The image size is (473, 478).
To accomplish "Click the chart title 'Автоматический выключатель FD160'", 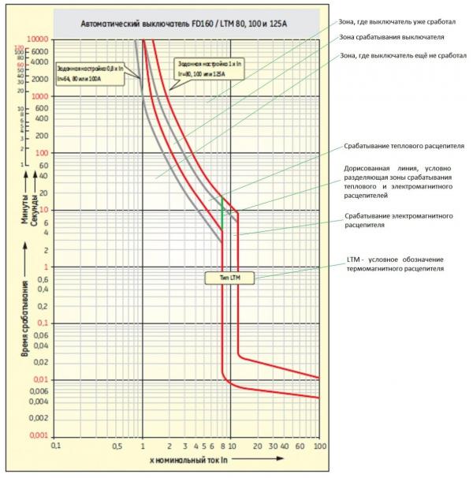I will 189,24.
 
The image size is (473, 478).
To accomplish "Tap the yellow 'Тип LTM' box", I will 222,278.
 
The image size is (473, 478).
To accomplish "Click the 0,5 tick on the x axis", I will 116,446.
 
